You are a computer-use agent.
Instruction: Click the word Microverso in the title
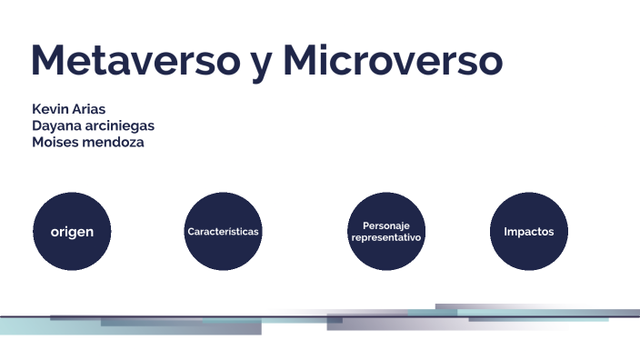pos(392,60)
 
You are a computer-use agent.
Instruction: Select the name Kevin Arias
pos(68,109)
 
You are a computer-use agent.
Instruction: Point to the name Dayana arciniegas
pos(93,125)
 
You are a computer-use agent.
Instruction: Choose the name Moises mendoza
pos(87,142)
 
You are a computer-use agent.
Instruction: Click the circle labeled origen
pos(72,231)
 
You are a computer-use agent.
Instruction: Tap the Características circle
pos(223,231)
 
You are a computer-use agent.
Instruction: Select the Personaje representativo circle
pos(386,231)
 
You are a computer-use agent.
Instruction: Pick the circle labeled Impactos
pos(529,231)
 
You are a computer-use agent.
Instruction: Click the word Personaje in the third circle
pos(386,225)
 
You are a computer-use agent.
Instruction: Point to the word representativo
pos(386,237)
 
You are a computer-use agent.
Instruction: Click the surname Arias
pos(89,109)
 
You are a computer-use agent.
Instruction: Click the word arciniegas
pos(120,125)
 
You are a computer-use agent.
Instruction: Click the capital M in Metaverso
pos(49,60)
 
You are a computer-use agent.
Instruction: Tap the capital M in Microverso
pos(301,60)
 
